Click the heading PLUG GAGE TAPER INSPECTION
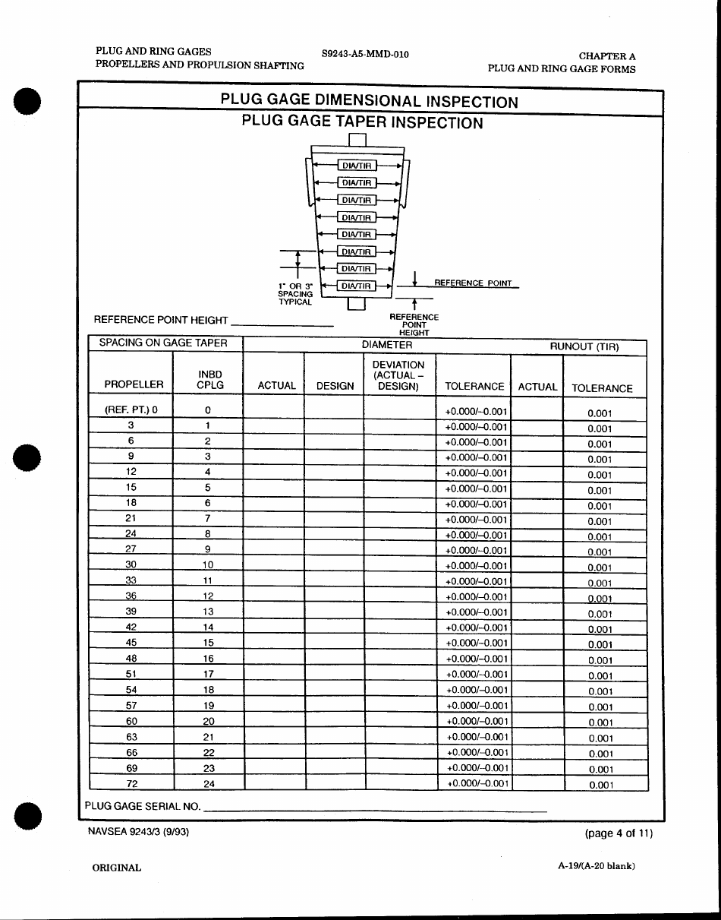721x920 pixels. [x=362, y=122]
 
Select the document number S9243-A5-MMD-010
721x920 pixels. [x=360, y=54]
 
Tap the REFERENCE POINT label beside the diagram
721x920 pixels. [x=473, y=283]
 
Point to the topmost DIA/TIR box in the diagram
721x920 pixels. [x=357, y=165]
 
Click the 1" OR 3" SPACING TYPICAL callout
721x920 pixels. [x=295, y=294]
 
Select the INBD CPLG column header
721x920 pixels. [x=209, y=380]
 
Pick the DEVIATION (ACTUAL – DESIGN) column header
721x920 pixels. [x=398, y=375]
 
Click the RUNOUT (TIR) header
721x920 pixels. [x=584, y=346]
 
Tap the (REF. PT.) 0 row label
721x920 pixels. [x=131, y=410]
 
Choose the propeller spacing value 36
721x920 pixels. [x=131, y=596]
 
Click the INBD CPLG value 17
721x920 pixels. [x=208, y=674]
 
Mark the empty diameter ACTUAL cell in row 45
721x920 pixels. [x=274, y=643]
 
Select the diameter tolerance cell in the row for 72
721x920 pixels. [x=477, y=783]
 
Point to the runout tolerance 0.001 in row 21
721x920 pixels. [x=600, y=522]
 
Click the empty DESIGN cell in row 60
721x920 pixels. [x=335, y=721]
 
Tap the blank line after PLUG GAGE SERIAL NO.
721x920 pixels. [x=376, y=807]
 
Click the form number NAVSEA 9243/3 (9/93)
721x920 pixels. [x=138, y=832]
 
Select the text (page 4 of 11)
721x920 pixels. [x=618, y=833]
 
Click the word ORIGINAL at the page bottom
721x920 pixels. [x=116, y=868]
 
